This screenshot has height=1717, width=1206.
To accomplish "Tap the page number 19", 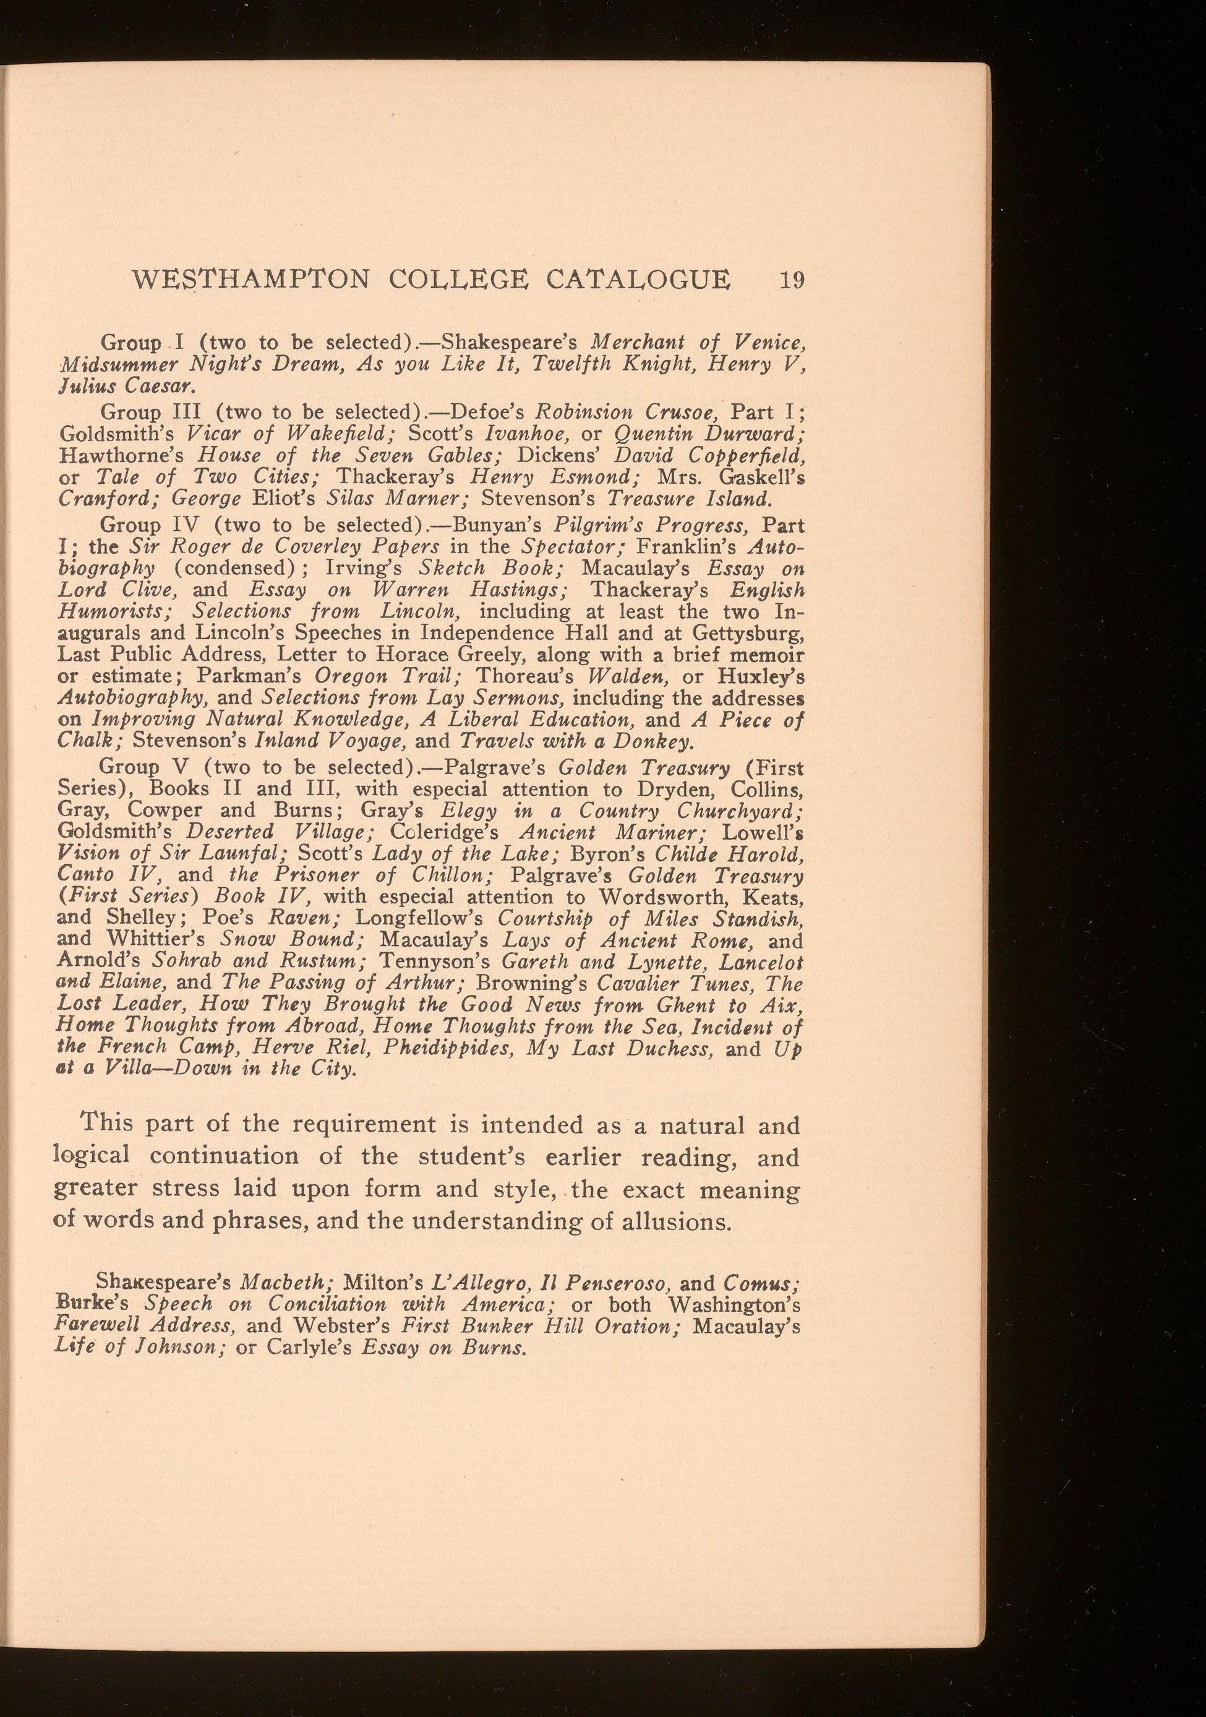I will pyautogui.click(x=791, y=280).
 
